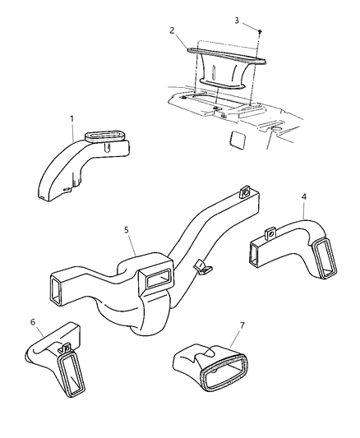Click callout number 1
pos(72,118)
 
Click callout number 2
pos(172,30)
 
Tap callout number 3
pos(237,21)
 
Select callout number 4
pos(304,196)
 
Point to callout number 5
pos(127,230)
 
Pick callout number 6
pos(33,322)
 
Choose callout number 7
pos(242,325)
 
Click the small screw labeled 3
pos(260,31)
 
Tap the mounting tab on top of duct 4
pos(270,233)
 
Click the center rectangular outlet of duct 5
pos(157,279)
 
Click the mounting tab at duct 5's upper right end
pos(245,191)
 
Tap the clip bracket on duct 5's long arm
pos(203,267)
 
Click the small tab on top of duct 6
pos(65,348)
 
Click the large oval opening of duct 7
pos(224,372)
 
